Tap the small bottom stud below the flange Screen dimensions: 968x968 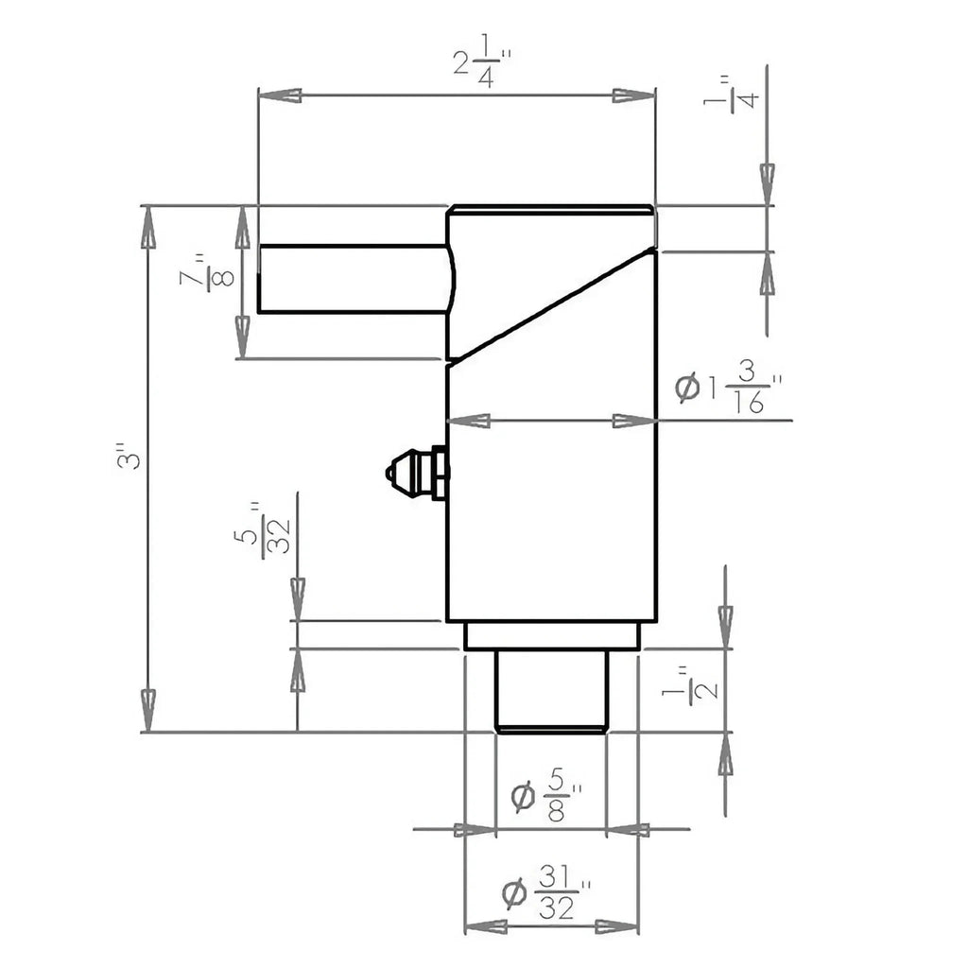point(550,691)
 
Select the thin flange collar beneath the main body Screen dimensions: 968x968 point(552,636)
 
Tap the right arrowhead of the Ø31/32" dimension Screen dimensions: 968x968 point(618,926)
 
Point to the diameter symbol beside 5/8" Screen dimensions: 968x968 point(523,798)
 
